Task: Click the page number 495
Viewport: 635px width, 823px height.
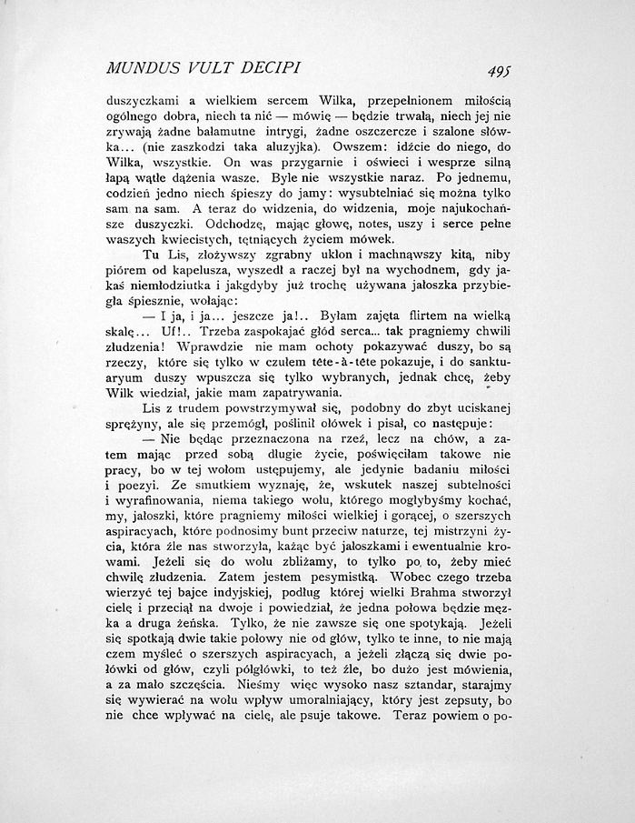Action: point(496,71)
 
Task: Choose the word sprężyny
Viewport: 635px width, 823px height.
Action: point(134,425)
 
